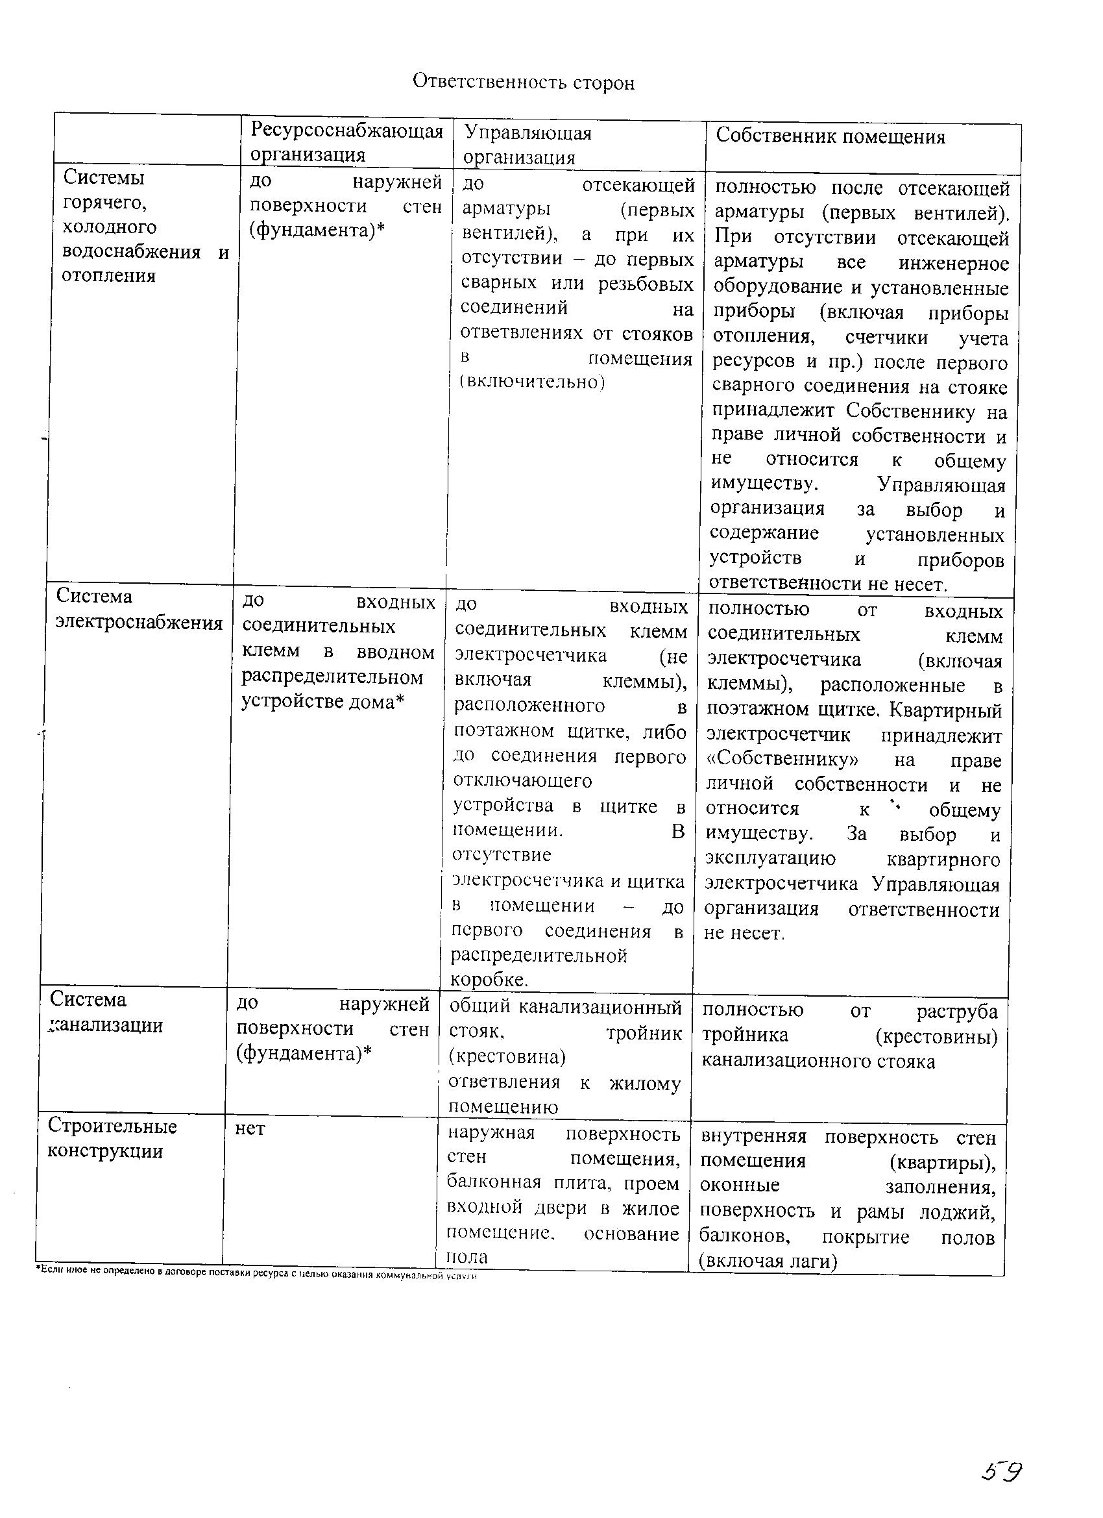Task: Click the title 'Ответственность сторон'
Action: [523, 82]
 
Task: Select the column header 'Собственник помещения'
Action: [830, 136]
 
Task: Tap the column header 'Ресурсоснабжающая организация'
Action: [346, 142]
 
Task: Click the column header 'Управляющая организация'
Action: [527, 145]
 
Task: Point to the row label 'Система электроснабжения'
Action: [138, 609]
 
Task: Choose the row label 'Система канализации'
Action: [106, 1013]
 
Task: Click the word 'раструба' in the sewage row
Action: [956, 1012]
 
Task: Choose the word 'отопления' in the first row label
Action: [108, 276]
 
